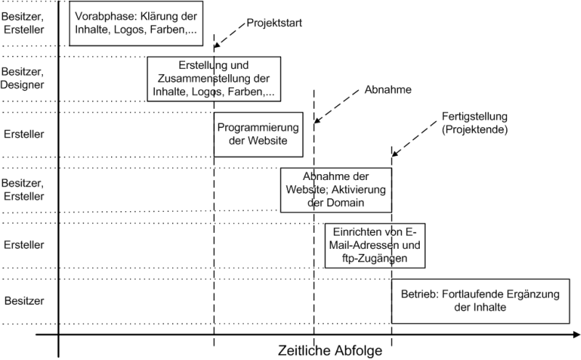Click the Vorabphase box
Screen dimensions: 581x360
tap(136, 23)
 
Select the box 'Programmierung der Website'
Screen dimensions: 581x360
tap(259, 134)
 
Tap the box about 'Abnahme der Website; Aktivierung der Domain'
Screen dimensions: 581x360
tap(336, 190)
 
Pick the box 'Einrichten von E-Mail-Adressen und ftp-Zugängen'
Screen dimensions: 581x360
tap(375, 245)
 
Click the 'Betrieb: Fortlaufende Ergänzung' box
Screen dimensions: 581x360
tap(481, 301)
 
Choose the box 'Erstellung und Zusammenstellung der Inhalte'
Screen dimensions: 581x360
tap(214, 79)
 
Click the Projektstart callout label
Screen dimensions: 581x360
tap(275, 23)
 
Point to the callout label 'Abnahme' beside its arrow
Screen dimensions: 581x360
tap(388, 89)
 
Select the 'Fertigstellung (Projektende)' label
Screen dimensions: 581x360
tap(475, 123)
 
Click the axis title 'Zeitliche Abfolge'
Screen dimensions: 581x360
tap(330, 351)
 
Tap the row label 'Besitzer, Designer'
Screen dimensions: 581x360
tap(23, 78)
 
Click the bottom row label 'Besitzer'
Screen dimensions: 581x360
tap(24, 300)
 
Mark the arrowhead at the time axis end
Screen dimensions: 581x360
tap(576, 335)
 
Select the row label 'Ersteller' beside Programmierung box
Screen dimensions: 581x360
tap(24, 134)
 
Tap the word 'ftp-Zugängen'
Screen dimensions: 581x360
tap(375, 258)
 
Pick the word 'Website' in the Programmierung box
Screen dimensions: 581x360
tap(267, 141)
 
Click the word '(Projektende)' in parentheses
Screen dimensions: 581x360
tap(475, 129)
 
